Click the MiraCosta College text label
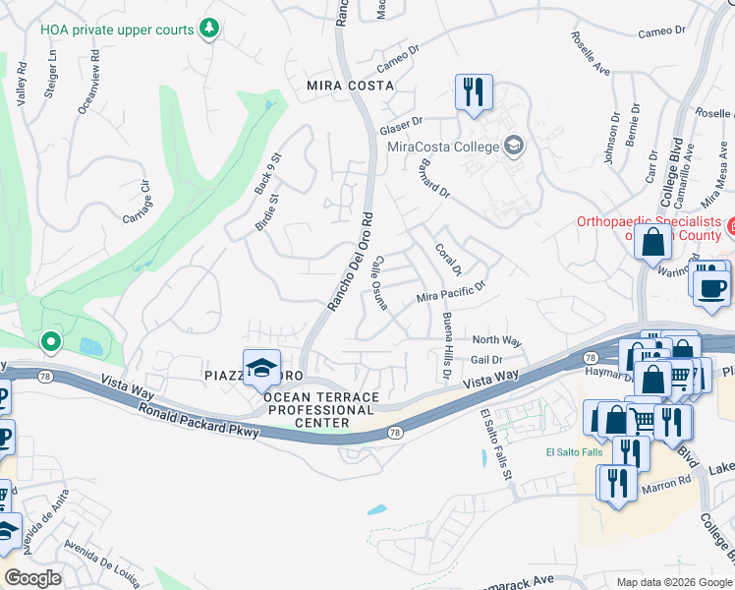[x=443, y=147]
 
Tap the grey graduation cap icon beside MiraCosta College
[x=513, y=147]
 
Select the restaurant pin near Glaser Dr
[x=474, y=92]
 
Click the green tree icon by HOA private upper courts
[x=208, y=29]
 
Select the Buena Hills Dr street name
[x=447, y=348]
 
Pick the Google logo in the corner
[x=32, y=578]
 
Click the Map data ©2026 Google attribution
[x=673, y=582]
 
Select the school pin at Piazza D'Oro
[x=261, y=368]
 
